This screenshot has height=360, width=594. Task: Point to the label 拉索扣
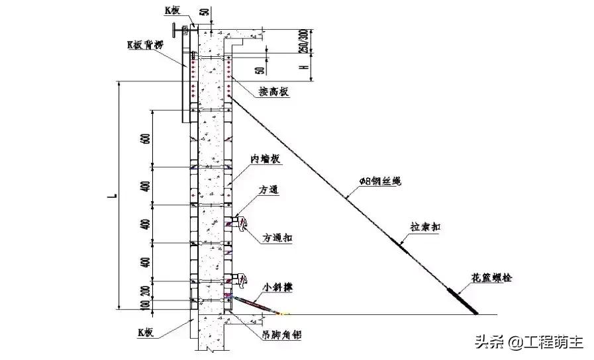tap(425, 227)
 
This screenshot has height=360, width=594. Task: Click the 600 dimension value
tap(145, 138)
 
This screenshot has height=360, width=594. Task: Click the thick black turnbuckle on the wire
tap(464, 300)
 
